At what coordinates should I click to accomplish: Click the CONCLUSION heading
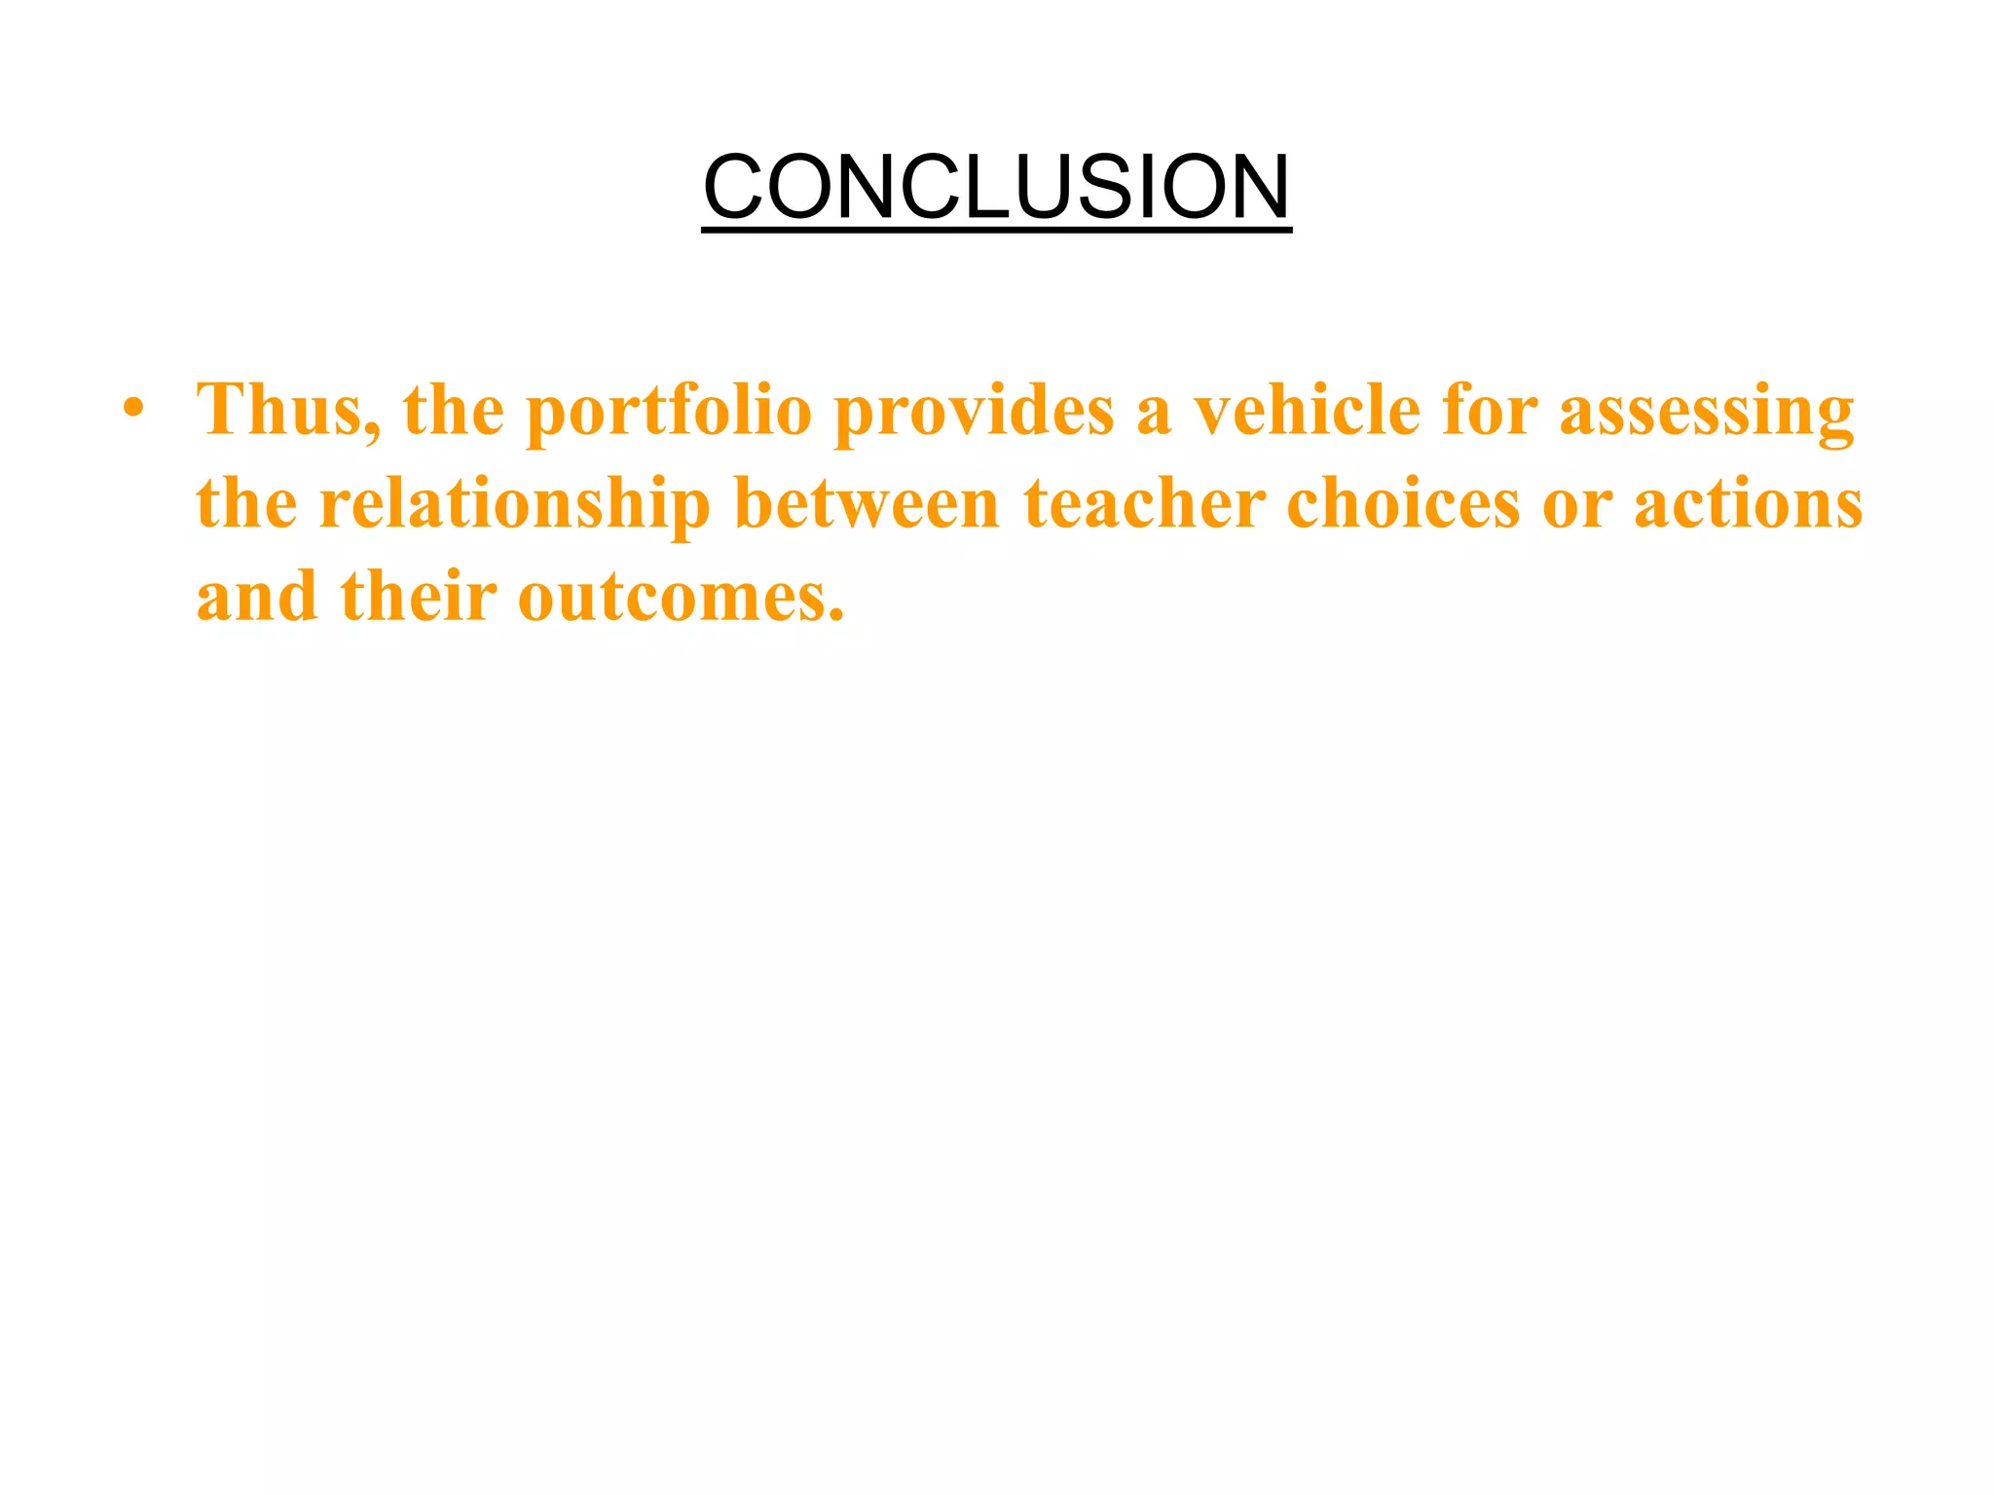[x=996, y=187]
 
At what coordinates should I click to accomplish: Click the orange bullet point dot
[x=133, y=408]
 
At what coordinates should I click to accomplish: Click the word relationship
[x=514, y=505]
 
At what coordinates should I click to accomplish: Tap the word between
[x=866, y=503]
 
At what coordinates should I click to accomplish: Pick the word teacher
[x=1144, y=503]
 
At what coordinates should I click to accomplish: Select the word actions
[x=1748, y=503]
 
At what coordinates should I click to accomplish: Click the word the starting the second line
[x=246, y=503]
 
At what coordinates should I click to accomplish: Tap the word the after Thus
[x=453, y=410]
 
